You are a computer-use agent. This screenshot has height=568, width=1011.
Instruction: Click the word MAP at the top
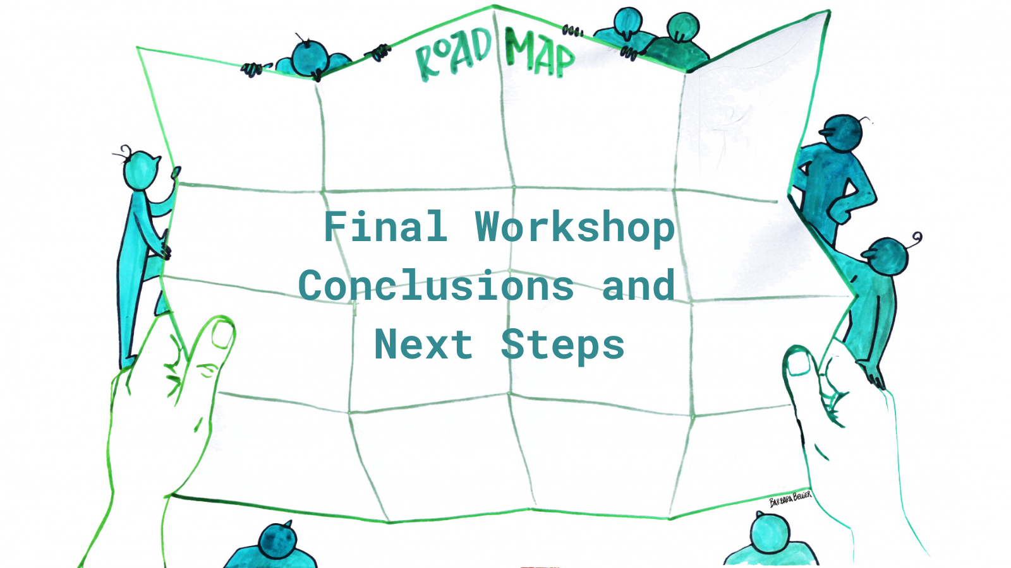540,52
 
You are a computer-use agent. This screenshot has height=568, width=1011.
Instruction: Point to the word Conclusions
436,285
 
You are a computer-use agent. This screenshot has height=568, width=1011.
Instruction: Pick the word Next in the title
423,345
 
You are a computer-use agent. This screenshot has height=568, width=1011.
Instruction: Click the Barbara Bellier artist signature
790,499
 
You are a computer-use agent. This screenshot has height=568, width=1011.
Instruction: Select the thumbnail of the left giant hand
222,333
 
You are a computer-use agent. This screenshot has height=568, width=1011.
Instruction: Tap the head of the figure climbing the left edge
142,170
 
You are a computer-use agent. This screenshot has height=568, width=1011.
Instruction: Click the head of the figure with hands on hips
842,133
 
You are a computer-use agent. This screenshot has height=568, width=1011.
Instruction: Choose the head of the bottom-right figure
770,533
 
